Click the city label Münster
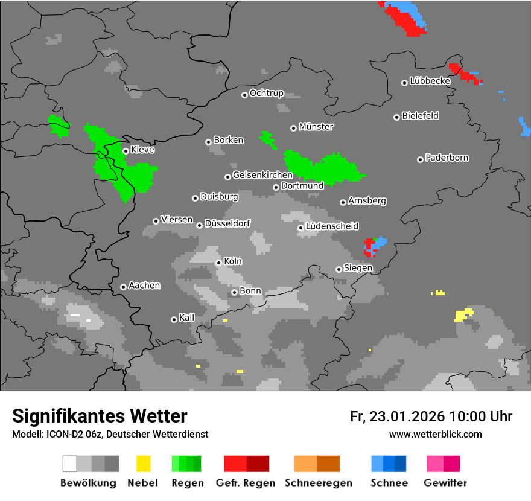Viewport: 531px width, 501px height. click(316, 127)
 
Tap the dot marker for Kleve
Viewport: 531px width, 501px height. click(126, 151)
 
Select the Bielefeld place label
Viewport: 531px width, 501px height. click(421, 116)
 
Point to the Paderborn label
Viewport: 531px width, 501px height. click(447, 158)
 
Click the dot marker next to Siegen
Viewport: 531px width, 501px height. click(339, 269)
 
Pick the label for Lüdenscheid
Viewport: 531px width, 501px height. click(332, 226)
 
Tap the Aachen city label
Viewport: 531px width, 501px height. click(144, 286)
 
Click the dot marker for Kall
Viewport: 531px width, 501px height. click(174, 319)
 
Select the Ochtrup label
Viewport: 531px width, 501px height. click(267, 94)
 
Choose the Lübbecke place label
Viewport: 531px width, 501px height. click(430, 81)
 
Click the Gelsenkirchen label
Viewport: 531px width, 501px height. click(262, 176)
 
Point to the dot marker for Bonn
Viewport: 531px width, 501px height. click(234, 292)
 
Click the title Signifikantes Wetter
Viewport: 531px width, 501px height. click(100, 416)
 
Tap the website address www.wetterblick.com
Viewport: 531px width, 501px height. click(435, 434)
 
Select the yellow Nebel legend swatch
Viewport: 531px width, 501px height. click(143, 464)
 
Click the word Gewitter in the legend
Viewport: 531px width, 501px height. click(445, 483)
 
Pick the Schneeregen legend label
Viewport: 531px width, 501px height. click(317, 483)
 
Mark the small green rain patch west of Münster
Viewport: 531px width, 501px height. click(267, 139)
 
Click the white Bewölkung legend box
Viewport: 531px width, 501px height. click(69, 464)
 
